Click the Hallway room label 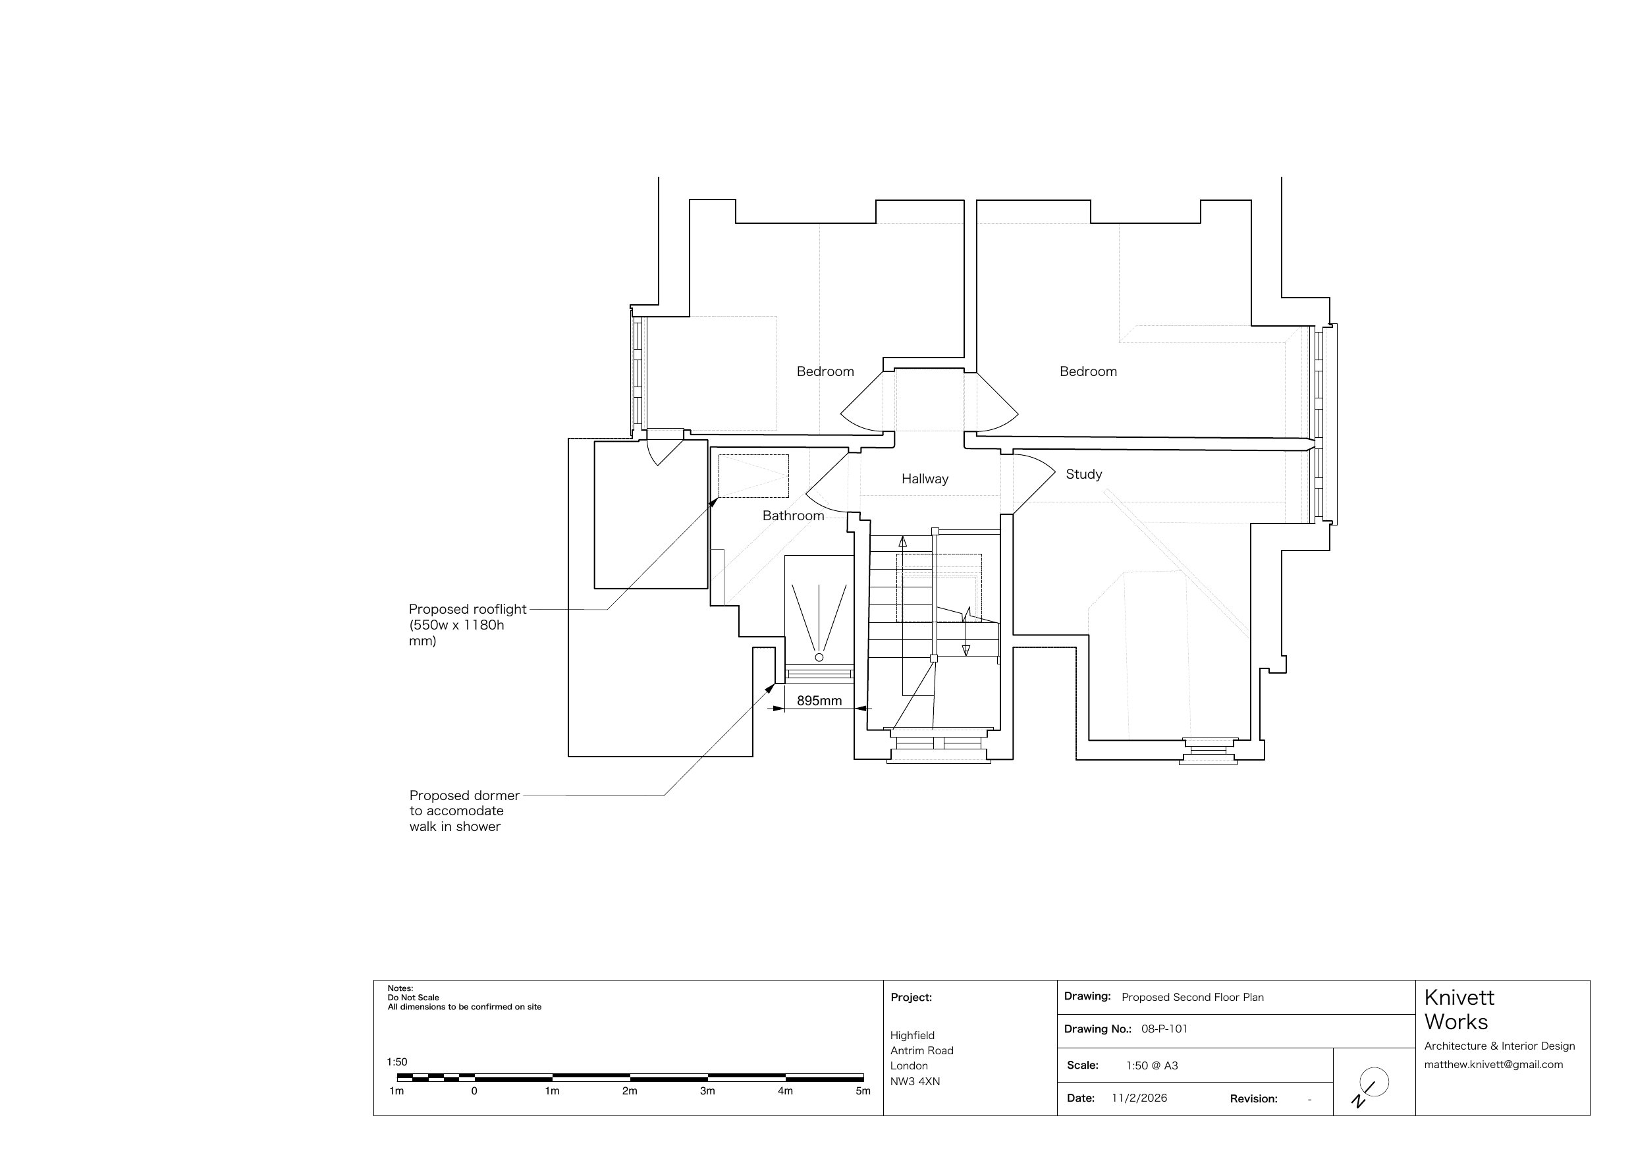coord(925,479)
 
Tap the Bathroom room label coord(793,516)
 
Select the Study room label coord(1083,475)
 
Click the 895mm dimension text coord(819,701)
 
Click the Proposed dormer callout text coord(464,811)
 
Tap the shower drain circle coord(819,658)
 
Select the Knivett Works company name coord(1459,1010)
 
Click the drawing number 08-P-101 coord(1164,1029)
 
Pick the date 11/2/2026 coord(1139,1098)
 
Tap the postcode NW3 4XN coord(915,1082)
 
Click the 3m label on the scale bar coord(707,1091)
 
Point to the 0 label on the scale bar coord(474,1091)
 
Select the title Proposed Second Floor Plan coord(1193,997)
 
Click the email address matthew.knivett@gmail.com coord(1494,1065)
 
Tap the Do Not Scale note coord(414,998)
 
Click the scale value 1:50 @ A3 coord(1152,1065)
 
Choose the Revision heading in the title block coord(1254,1099)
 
